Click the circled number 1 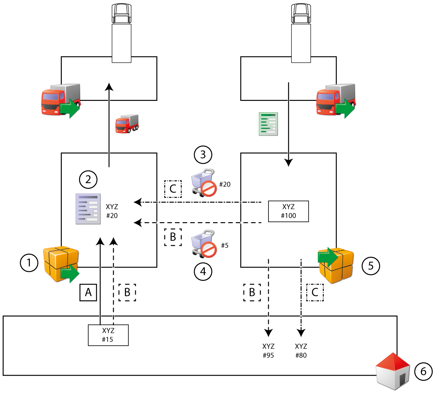pos(29,263)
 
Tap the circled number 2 pos(88,180)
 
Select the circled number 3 pos(203,155)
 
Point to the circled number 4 pos(203,272)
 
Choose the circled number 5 pos(371,266)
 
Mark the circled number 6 pos(423,371)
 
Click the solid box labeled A pos(88,292)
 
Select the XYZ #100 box pos(288,211)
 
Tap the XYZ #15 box pos(108,335)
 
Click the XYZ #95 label pos(268,351)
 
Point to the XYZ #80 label pos(301,351)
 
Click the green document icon pos(268,124)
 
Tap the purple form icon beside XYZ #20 pos(88,209)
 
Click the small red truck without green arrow pos(127,124)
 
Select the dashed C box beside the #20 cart pos(173,189)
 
